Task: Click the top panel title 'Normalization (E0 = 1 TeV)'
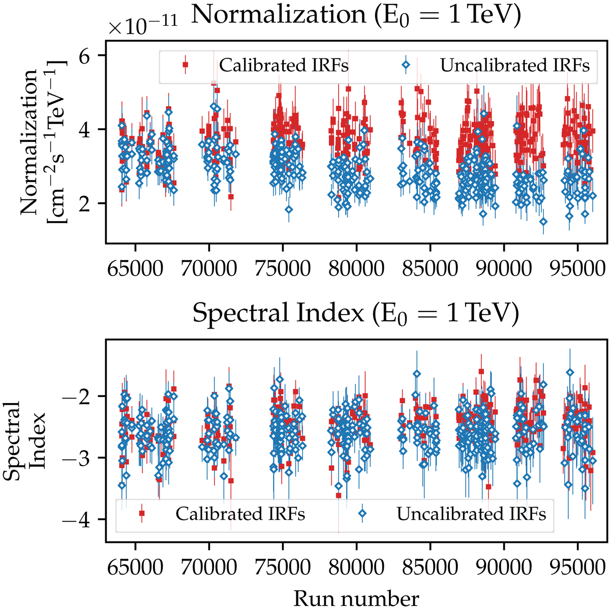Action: pos(356,15)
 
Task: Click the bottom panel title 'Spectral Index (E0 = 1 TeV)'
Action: pos(356,314)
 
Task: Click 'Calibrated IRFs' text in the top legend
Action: pos(284,66)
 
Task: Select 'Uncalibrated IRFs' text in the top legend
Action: pos(515,66)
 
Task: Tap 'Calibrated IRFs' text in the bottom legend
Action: pos(240,514)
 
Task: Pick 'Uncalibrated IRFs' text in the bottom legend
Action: pos(471,514)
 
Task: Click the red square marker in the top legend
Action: pos(186,65)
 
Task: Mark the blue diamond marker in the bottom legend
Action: pos(363,513)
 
